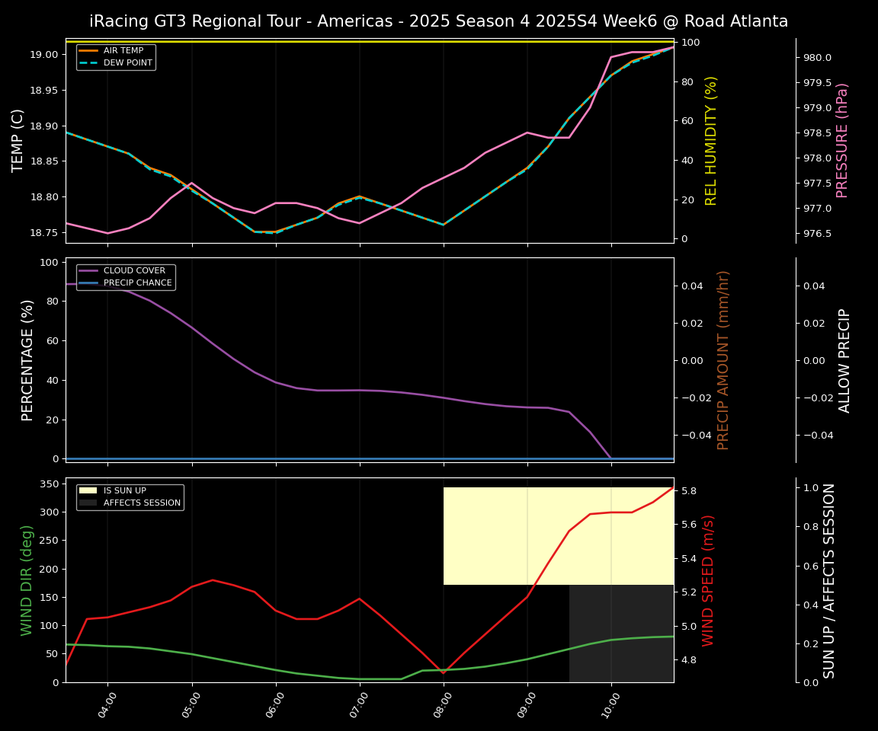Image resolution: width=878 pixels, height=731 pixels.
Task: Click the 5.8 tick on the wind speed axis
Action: (x=688, y=491)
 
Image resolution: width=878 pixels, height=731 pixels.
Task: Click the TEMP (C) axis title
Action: (x=18, y=140)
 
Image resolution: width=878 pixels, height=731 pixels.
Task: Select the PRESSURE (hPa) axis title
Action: (x=842, y=140)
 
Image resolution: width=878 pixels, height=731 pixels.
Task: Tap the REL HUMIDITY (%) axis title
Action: (x=711, y=140)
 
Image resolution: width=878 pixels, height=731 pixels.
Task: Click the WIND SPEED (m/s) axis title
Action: (x=708, y=580)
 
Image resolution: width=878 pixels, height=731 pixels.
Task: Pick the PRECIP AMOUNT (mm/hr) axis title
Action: (x=723, y=359)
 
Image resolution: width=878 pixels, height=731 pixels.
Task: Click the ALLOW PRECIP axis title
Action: (x=844, y=360)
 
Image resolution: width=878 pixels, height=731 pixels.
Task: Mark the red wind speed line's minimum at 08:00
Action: (x=444, y=673)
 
